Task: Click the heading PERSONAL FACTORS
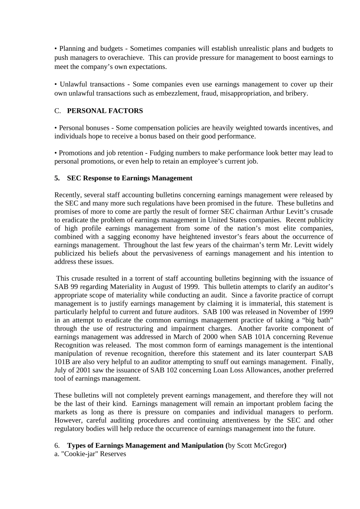click(x=105, y=111)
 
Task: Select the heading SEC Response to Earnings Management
click(x=130, y=178)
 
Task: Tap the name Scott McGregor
click(x=261, y=446)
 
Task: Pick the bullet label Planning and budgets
click(x=91, y=49)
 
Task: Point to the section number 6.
click(x=56, y=446)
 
